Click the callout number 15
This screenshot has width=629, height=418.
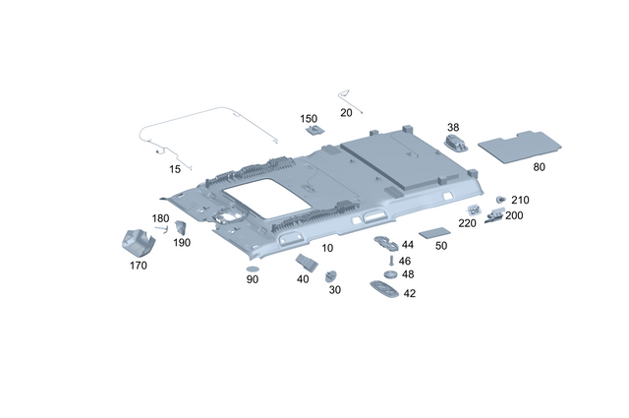(175, 169)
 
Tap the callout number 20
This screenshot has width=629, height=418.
(346, 113)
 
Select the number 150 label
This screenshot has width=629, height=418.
(309, 118)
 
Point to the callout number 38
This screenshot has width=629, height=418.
(453, 127)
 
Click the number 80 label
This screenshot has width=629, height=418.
(539, 166)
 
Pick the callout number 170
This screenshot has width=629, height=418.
(138, 265)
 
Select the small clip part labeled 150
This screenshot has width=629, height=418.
(314, 129)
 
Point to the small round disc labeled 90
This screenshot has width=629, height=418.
(252, 268)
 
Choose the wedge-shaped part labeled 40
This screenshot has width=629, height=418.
(305, 262)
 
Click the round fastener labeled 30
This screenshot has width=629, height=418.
(332, 276)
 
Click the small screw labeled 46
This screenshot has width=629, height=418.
(391, 262)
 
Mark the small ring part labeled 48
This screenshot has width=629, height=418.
(390, 275)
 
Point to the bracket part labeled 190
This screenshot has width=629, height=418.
(180, 229)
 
